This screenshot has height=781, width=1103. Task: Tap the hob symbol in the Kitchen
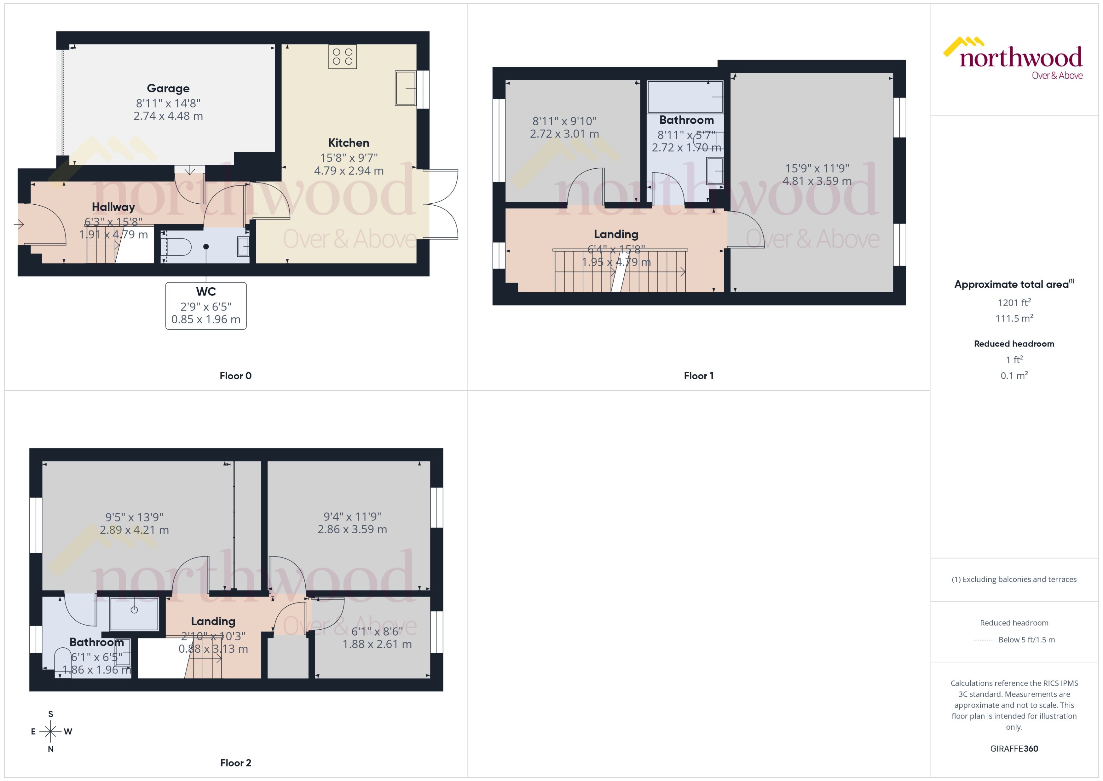point(342,56)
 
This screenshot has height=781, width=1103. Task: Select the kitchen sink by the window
point(405,88)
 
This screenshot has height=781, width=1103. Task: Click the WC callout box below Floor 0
point(206,306)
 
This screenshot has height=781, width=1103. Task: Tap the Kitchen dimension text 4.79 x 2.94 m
point(349,171)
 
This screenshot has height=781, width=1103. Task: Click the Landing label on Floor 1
point(616,234)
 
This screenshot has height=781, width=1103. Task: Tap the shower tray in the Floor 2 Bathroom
point(134,613)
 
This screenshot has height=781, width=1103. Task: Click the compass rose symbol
point(50,731)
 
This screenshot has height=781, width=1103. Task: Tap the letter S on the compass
point(50,714)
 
